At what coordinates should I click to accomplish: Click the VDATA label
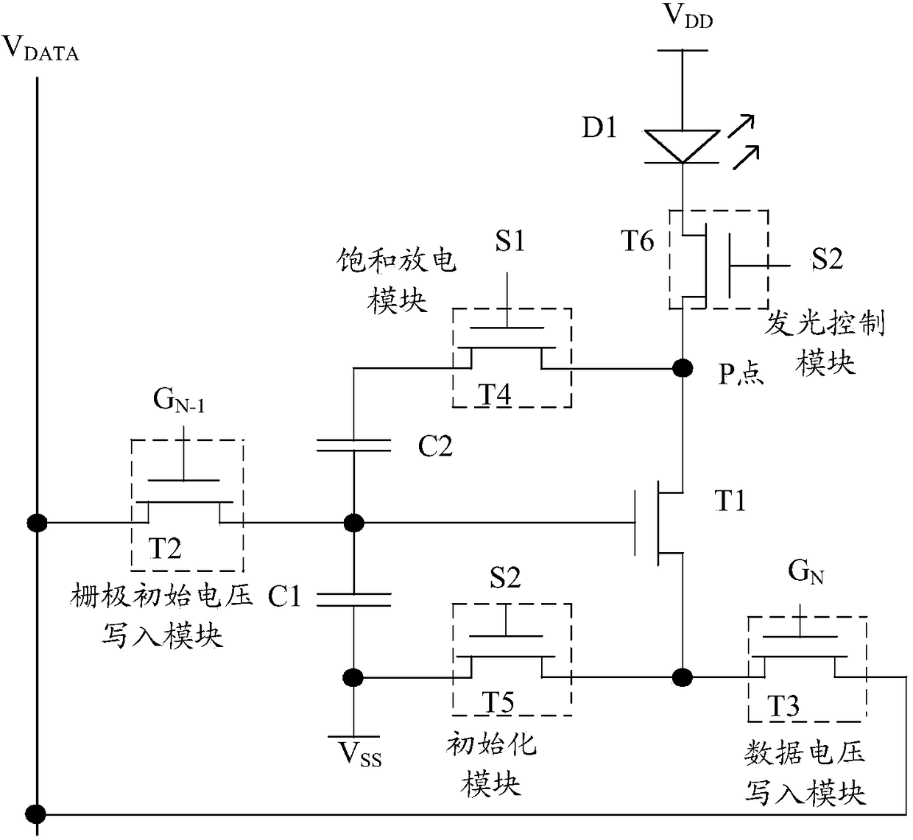(40, 49)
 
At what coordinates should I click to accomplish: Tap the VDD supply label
(688, 16)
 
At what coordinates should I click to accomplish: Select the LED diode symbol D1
(682, 147)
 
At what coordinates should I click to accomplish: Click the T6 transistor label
(638, 241)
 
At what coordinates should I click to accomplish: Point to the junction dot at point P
(683, 368)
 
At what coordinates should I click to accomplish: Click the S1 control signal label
(510, 241)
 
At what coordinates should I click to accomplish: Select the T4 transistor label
(495, 394)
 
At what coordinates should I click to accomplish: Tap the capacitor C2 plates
(353, 445)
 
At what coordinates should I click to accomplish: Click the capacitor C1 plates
(353, 599)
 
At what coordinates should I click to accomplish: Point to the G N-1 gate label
(179, 400)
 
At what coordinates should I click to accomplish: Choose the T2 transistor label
(164, 548)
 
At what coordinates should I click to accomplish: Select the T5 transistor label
(498, 702)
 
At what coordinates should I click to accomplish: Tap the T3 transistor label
(783, 706)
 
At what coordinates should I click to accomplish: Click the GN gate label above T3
(806, 572)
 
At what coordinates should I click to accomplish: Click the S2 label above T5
(505, 578)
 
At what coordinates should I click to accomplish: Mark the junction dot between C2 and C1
(353, 523)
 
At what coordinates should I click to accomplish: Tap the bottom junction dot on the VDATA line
(36, 814)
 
